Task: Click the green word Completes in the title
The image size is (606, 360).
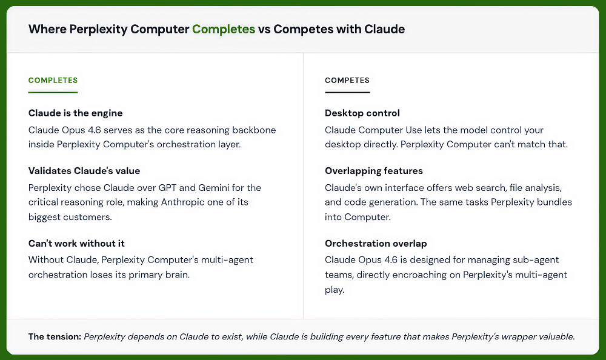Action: coord(224,29)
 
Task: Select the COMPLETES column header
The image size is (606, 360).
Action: coord(53,80)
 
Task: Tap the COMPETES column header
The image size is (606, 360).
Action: coord(347,80)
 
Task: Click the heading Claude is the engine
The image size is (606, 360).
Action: coord(75,113)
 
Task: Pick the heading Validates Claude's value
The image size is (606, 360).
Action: coord(84,171)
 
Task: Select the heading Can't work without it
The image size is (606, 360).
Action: coord(76,243)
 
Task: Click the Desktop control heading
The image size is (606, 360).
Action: coord(362,113)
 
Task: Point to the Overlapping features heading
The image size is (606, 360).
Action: coord(373,171)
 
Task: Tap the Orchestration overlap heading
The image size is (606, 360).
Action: coord(376,243)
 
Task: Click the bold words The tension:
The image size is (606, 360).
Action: coord(55,336)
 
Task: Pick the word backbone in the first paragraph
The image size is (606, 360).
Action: coord(256,130)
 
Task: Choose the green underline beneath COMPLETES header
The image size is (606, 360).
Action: coord(53,92)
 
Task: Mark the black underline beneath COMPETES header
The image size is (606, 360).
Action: coord(347,92)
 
